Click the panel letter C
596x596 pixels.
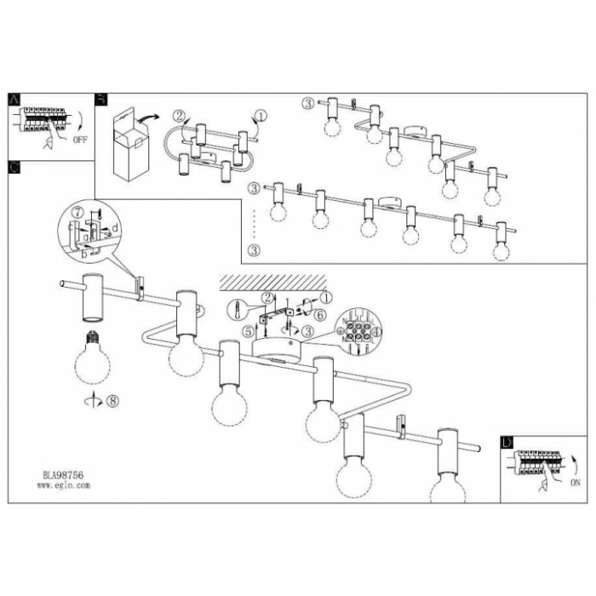12,167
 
